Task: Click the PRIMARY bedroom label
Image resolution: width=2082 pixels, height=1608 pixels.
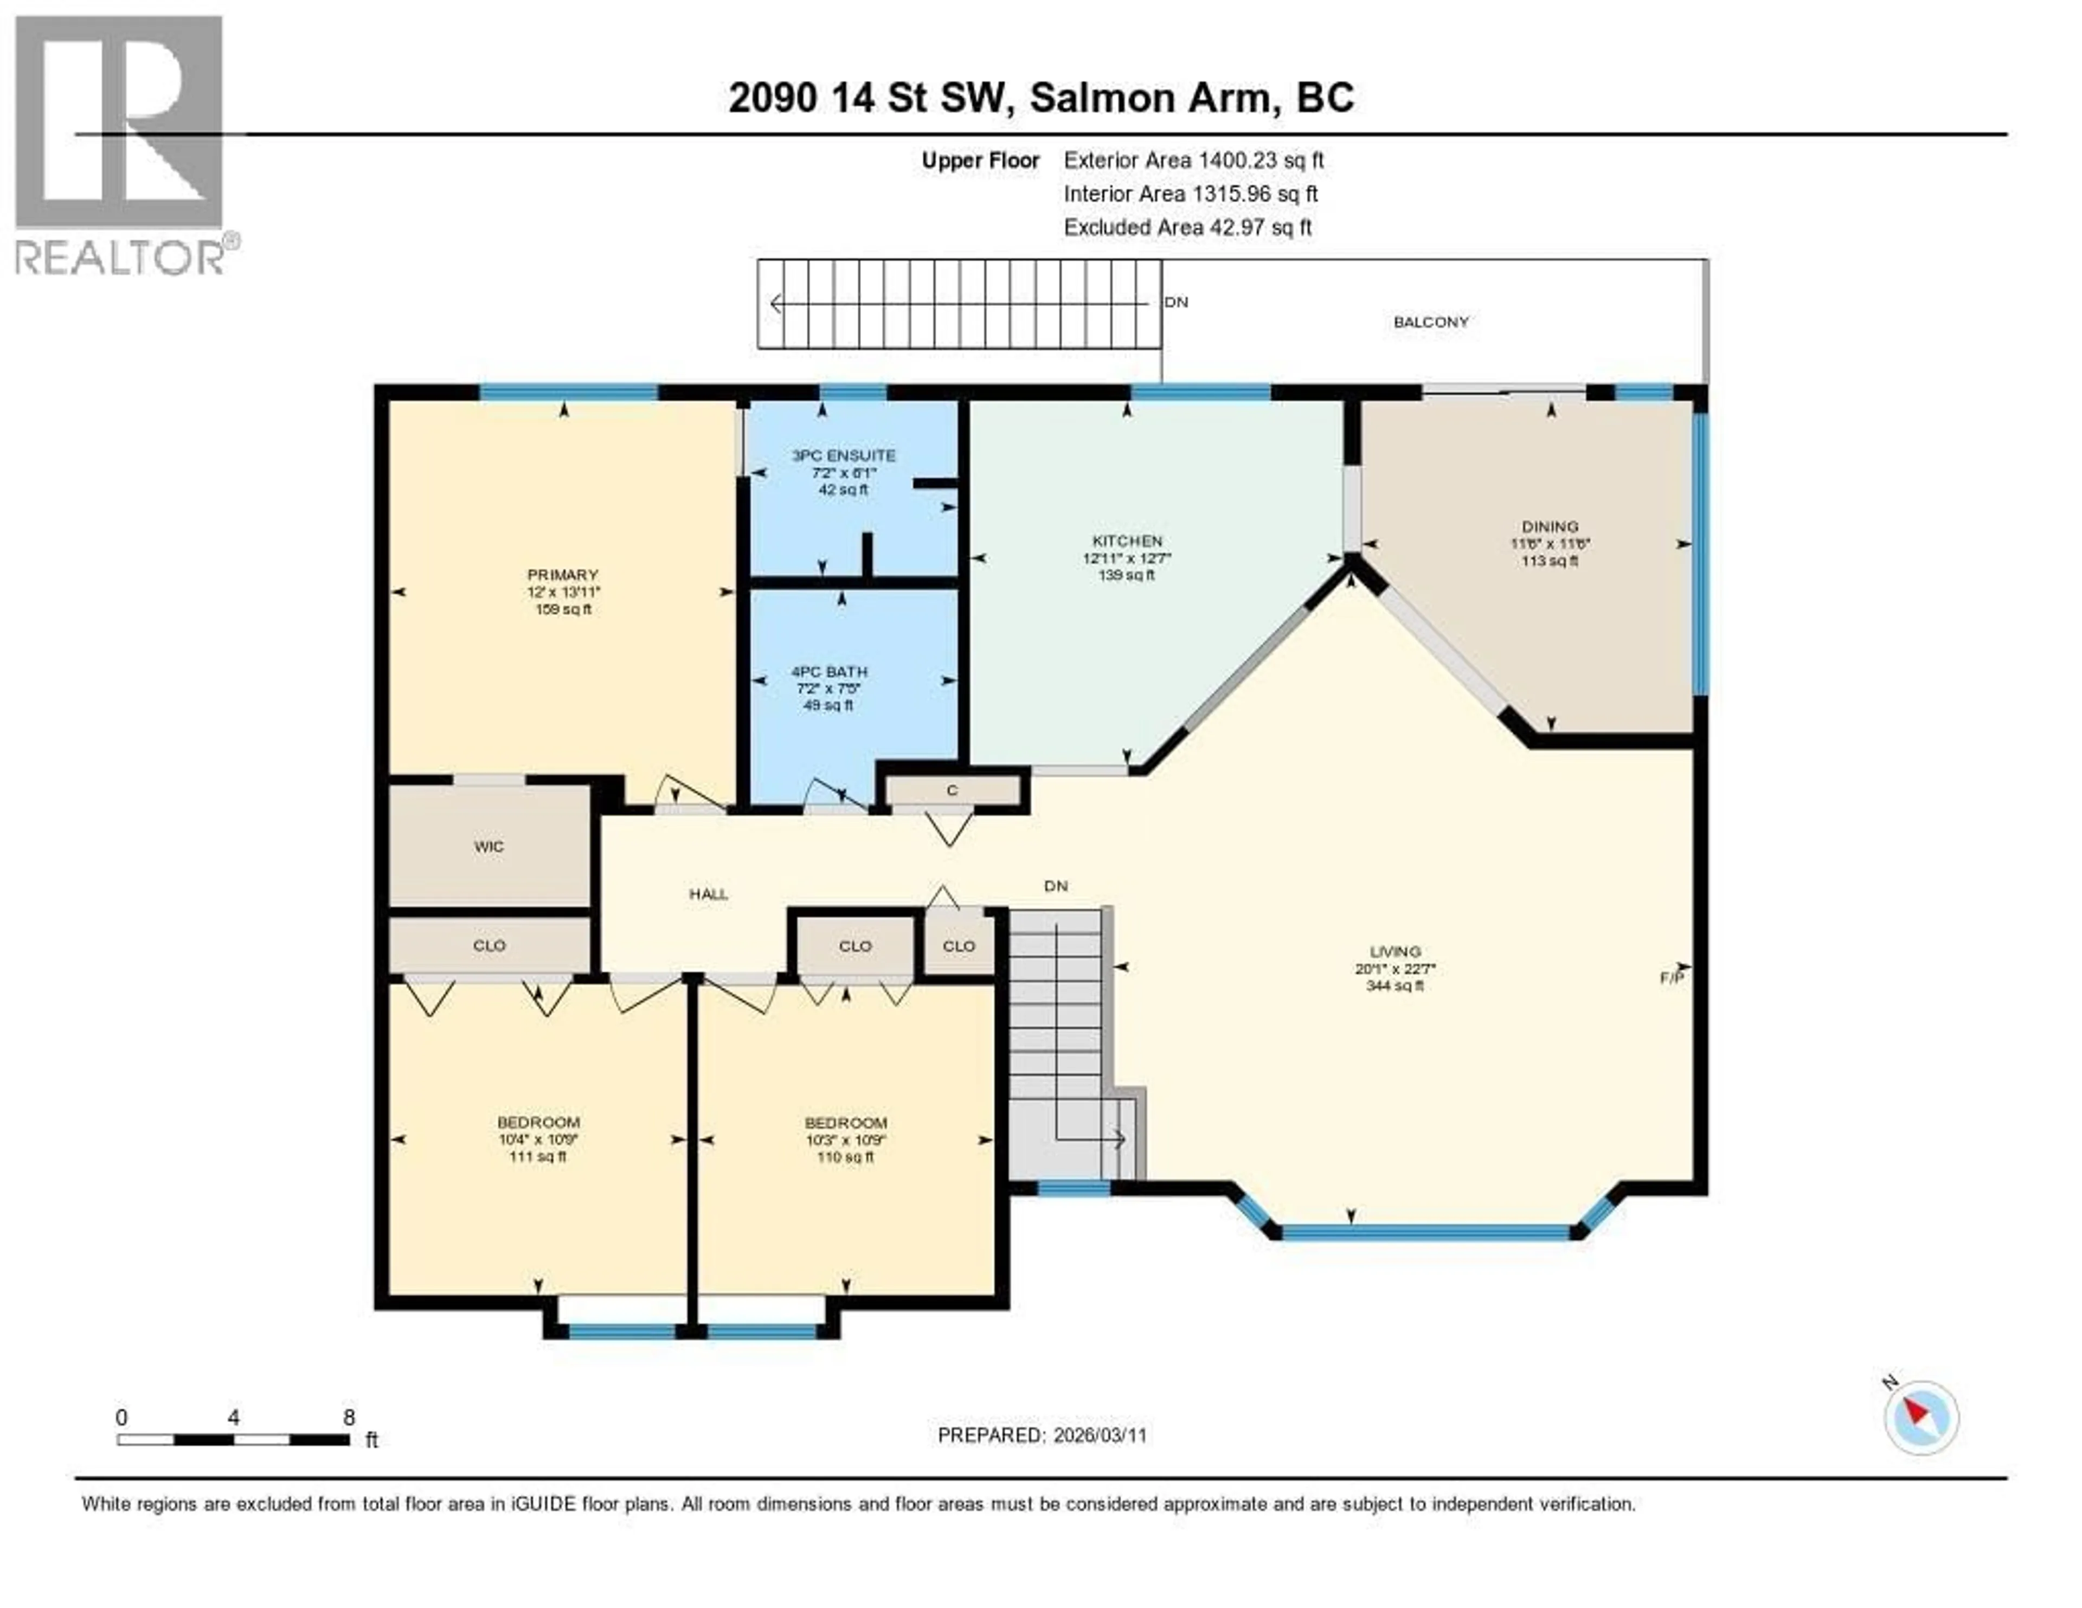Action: pos(562,575)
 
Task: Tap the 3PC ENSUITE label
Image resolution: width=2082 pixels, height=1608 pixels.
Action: pos(844,455)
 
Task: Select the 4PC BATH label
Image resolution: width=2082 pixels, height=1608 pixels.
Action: pos(828,671)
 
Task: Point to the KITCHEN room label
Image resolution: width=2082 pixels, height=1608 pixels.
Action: pos(1127,541)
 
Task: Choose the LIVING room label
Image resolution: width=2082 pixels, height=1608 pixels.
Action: pos(1395,951)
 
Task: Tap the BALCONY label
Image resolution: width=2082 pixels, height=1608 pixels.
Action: pos(1430,322)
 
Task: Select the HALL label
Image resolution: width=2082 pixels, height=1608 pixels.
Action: pos(708,894)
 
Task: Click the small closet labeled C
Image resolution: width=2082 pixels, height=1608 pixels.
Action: pos(952,790)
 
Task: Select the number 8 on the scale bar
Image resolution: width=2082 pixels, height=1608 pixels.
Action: pos(349,1417)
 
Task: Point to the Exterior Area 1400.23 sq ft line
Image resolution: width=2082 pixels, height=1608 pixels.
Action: pos(1193,160)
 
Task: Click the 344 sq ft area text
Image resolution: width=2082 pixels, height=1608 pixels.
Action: pos(1395,986)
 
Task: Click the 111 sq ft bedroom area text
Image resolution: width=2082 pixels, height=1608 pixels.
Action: pos(538,1157)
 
